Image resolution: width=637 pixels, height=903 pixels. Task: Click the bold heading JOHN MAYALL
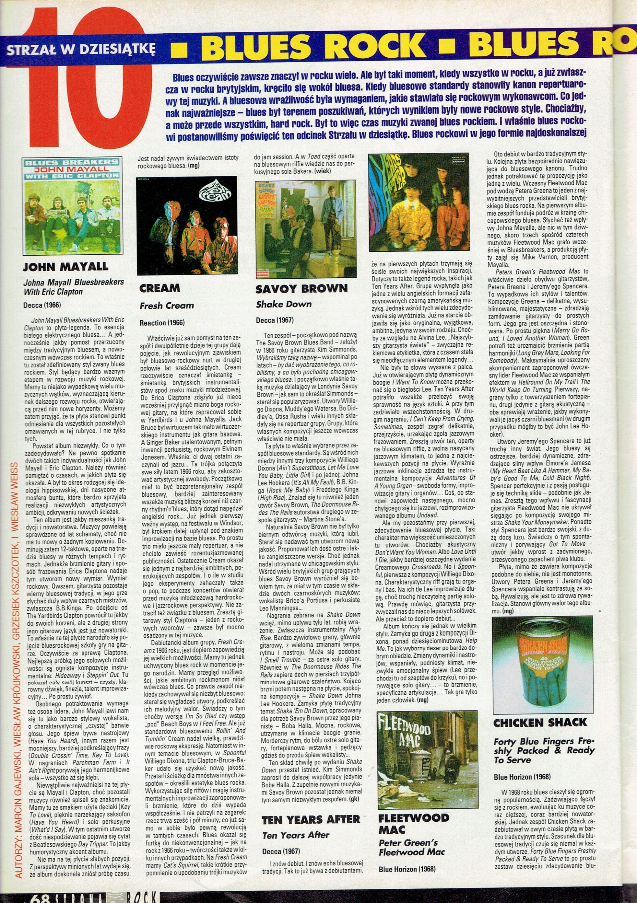click(x=65, y=267)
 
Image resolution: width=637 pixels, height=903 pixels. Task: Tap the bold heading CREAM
click(x=160, y=288)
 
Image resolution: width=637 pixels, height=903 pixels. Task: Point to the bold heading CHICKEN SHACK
click(x=540, y=722)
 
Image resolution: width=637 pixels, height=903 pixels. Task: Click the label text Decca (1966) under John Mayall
click(x=42, y=305)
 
